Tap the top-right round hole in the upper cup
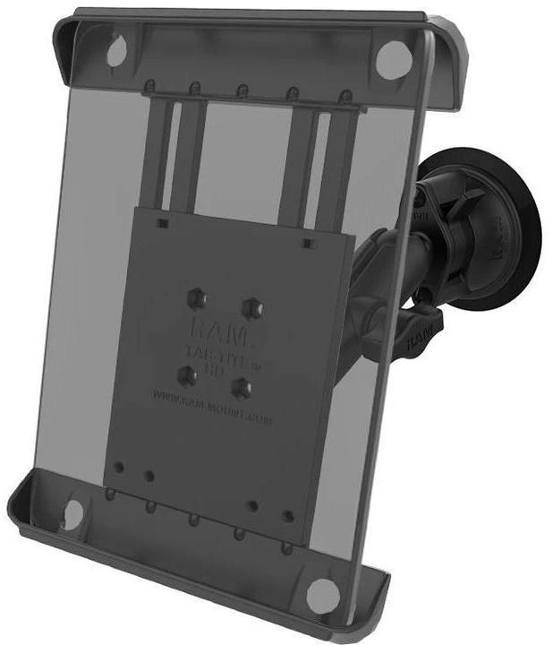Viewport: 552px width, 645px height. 394,60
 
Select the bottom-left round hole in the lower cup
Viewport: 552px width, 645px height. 73,512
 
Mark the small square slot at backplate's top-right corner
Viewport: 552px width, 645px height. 307,243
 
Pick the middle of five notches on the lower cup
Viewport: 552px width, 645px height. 192,520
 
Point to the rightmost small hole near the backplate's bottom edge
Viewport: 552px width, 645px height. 288,516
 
